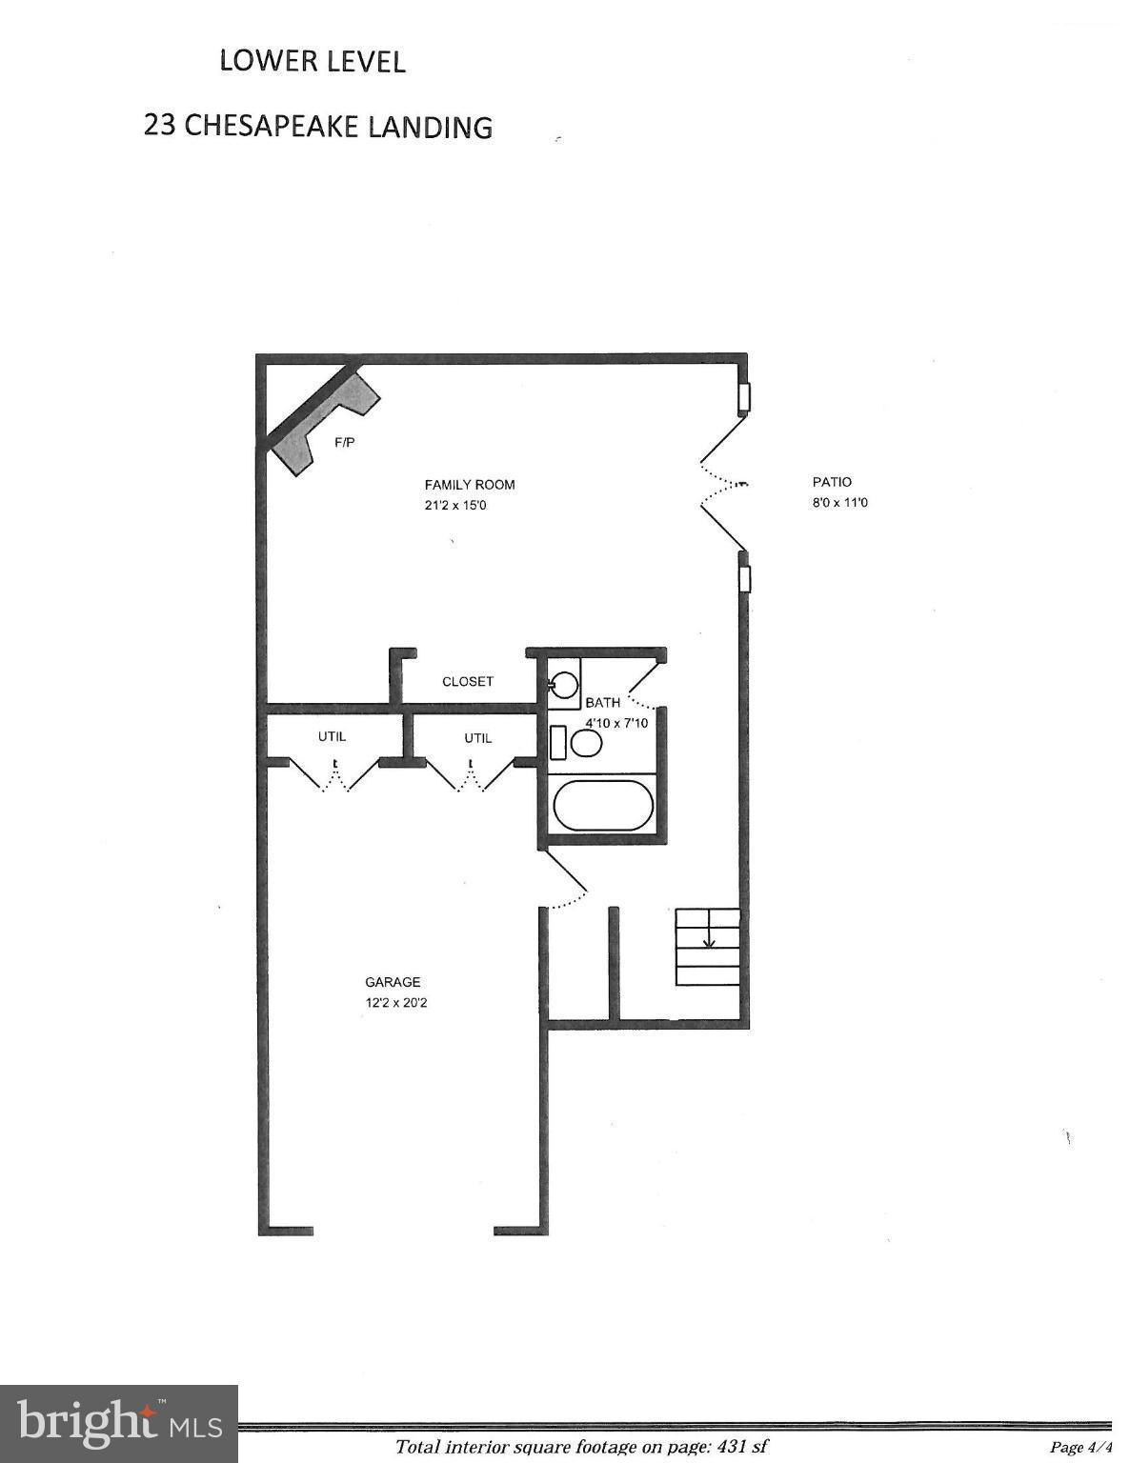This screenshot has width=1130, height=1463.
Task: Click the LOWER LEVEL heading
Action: click(x=313, y=61)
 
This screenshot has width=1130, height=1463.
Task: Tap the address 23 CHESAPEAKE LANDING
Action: click(x=317, y=127)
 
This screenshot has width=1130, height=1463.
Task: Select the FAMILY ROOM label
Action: click(x=470, y=485)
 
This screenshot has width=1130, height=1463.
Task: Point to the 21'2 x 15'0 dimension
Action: click(x=455, y=506)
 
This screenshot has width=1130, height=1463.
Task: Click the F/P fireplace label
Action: click(x=345, y=443)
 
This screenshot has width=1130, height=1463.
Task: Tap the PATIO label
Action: click(x=832, y=482)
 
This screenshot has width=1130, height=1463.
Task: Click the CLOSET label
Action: click(x=468, y=682)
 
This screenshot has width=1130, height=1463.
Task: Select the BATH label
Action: click(x=602, y=703)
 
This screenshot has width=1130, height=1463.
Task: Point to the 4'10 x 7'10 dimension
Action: click(x=616, y=723)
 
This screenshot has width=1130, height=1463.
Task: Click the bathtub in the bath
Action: click(x=603, y=806)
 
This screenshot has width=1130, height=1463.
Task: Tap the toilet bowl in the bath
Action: click(x=586, y=742)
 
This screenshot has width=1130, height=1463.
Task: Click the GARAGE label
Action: click(x=393, y=982)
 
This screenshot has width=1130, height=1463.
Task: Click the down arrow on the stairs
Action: click(x=709, y=938)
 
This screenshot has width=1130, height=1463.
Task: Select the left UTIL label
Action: click(x=332, y=736)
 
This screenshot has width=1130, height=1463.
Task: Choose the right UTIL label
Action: click(x=478, y=738)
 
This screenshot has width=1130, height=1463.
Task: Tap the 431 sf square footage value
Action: click(x=746, y=1447)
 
